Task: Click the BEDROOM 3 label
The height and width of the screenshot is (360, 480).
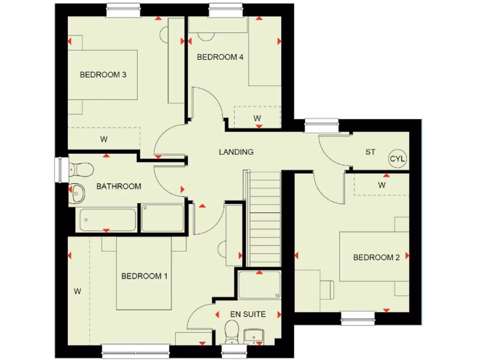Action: click(x=103, y=75)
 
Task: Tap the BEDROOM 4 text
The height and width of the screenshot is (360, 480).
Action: click(x=220, y=57)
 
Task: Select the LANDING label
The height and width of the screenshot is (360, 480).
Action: click(x=236, y=152)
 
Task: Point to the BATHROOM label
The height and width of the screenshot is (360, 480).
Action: click(x=119, y=186)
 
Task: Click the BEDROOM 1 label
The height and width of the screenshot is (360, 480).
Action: click(x=144, y=276)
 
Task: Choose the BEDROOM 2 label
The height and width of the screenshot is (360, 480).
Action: click(x=376, y=257)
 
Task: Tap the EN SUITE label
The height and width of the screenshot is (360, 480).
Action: click(x=248, y=314)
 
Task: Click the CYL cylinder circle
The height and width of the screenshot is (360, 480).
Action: click(x=398, y=159)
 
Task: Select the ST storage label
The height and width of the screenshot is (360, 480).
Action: click(x=370, y=152)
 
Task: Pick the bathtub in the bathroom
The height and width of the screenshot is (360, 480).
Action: click(x=108, y=219)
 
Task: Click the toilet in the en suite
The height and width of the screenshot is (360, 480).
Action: click(x=232, y=331)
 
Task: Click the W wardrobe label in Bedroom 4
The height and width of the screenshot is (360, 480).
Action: click(x=257, y=118)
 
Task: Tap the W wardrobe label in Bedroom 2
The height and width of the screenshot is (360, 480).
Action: click(x=382, y=185)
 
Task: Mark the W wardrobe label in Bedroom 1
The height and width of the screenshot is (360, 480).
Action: click(x=77, y=292)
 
